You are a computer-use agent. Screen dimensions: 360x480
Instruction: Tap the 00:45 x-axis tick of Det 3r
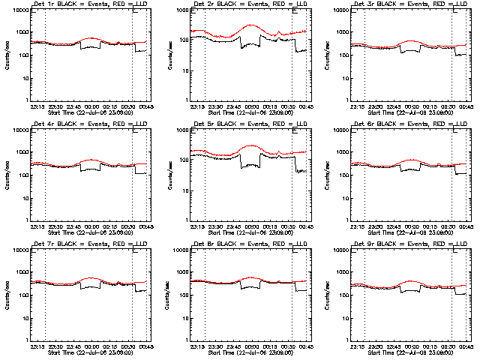click(466, 106)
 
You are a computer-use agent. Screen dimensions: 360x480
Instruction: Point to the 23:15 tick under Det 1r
click(37, 106)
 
